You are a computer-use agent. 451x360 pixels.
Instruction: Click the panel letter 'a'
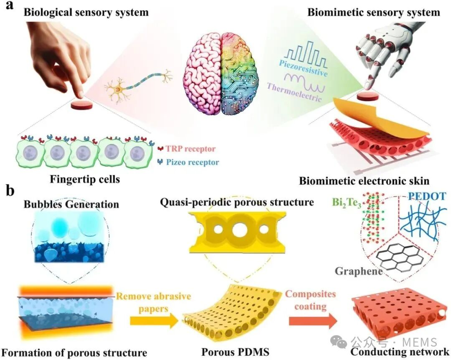click(x=9, y=5)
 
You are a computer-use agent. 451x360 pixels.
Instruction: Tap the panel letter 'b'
click(x=10, y=190)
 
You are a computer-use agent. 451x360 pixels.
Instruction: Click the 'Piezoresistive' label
click(x=303, y=68)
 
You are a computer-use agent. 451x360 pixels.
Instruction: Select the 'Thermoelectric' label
click(x=294, y=92)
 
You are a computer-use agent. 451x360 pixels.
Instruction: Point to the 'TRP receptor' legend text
click(x=191, y=149)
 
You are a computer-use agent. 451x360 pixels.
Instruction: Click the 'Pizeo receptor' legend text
click(x=193, y=163)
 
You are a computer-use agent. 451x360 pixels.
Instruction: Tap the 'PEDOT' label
click(x=427, y=196)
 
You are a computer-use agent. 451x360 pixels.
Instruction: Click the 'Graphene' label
click(x=359, y=271)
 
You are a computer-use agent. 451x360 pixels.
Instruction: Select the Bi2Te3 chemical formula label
click(x=347, y=203)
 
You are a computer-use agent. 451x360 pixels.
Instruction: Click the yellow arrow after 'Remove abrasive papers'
click(x=154, y=321)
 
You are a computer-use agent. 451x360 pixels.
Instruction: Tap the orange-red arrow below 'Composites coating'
click(x=313, y=321)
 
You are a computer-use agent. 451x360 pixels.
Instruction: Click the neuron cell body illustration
click(x=118, y=91)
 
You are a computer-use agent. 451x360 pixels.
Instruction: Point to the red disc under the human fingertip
click(x=82, y=105)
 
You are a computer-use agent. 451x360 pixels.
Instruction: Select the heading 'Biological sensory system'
click(x=86, y=12)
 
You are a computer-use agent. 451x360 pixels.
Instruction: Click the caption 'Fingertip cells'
click(x=85, y=179)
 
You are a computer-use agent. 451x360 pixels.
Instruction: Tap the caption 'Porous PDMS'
click(x=235, y=352)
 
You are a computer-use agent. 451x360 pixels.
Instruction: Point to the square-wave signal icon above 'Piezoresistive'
click(x=306, y=54)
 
